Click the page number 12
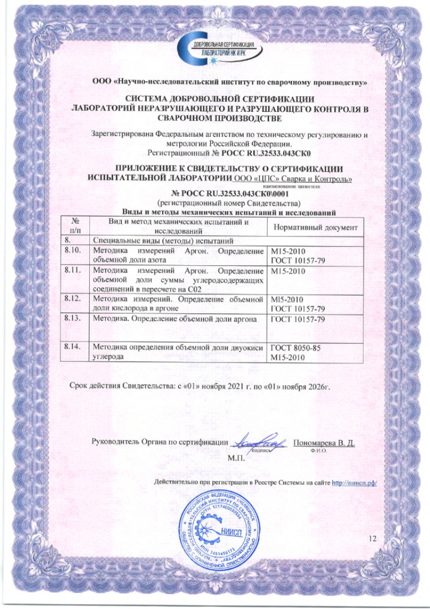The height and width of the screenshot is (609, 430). [x=372, y=538]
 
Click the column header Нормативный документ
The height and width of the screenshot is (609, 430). [x=315, y=227]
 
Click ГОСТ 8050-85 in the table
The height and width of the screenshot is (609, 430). [x=296, y=348]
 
